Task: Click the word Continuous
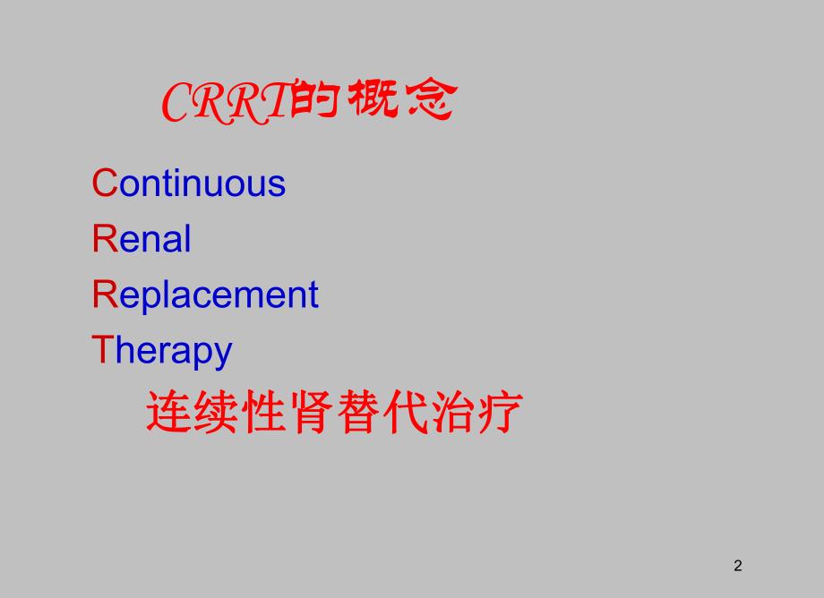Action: click(189, 184)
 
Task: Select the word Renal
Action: click(142, 239)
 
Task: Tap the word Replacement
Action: click(205, 295)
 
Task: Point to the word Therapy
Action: click(162, 350)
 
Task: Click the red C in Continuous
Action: click(105, 184)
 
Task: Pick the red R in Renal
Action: click(105, 239)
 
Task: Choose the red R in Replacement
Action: click(105, 295)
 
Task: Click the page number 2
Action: click(738, 565)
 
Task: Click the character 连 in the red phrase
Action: click(168, 414)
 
